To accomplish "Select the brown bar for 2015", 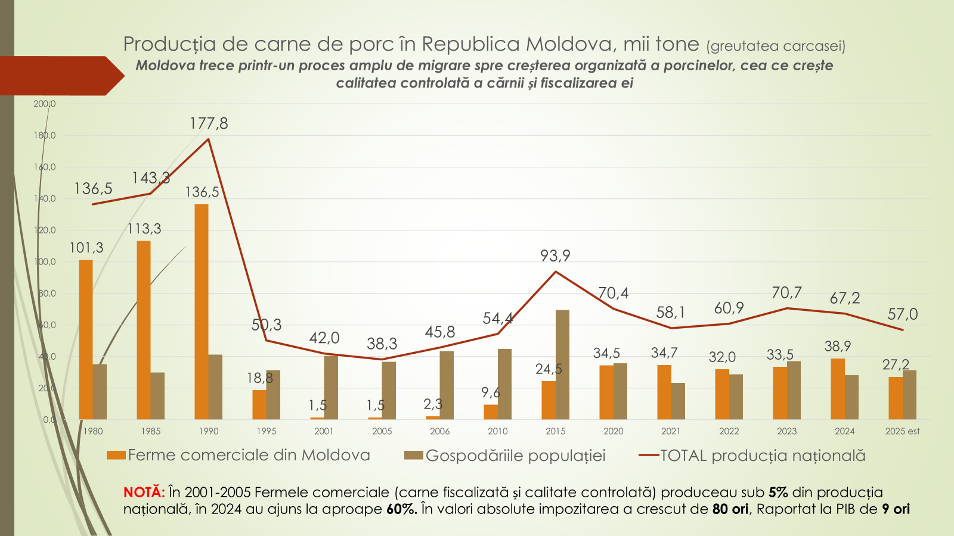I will [562, 364].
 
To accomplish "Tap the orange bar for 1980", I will [86, 339].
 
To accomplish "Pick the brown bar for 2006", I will [447, 385].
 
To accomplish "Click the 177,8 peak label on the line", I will [209, 123].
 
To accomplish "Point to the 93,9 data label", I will [555, 255].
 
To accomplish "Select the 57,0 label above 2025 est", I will [903, 314].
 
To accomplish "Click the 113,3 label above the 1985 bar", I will [144, 229].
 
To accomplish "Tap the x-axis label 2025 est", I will [902, 431].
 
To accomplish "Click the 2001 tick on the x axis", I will [324, 431].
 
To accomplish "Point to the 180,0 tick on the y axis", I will [45, 135].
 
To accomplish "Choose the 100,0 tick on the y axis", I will [45, 261].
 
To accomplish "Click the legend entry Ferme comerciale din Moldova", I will [238, 456].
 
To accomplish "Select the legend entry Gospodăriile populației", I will [505, 456].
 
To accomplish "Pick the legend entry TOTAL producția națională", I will [752, 456].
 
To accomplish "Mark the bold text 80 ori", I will [730, 509].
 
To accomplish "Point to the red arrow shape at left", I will [60, 76].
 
